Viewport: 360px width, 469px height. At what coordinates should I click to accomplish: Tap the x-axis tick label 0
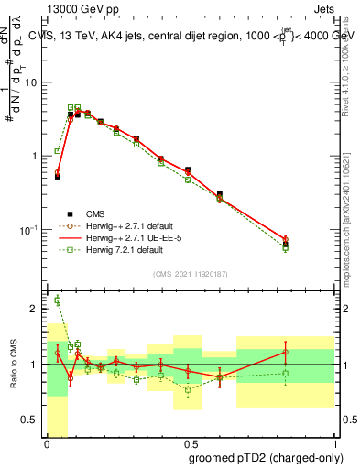[47, 443]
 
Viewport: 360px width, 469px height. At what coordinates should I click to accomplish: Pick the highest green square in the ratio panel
[57, 300]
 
